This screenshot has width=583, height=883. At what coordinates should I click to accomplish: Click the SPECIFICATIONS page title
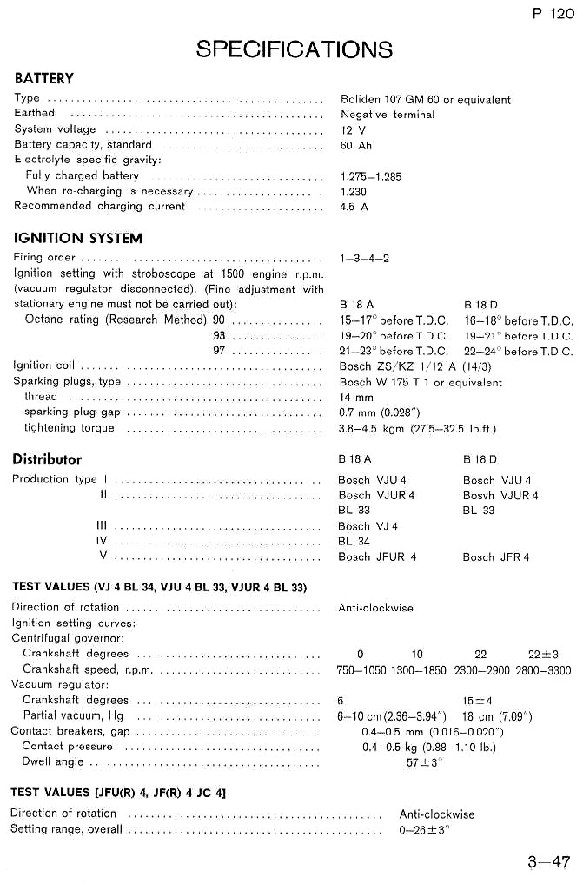point(294,49)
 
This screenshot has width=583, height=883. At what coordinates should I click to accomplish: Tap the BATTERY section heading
point(44,78)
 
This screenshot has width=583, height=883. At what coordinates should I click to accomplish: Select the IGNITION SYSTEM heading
point(77,238)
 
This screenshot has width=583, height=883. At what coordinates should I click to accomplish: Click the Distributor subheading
point(47,458)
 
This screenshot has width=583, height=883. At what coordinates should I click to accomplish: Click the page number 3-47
point(548,862)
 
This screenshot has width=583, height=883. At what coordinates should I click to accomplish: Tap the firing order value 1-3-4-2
point(364,258)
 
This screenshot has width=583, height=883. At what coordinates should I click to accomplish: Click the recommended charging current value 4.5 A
point(354,207)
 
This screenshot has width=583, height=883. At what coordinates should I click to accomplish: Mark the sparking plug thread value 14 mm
point(355,397)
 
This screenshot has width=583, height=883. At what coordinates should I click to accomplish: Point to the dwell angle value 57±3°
point(424,761)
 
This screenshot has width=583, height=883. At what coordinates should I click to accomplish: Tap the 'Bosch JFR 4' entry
point(495,557)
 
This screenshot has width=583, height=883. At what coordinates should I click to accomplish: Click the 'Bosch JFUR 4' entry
point(376,557)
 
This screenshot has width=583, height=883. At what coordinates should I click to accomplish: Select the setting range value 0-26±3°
point(424,830)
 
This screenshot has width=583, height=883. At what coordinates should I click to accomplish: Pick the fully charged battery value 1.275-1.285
point(371,176)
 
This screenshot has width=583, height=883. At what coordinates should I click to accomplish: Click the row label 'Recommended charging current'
point(99,207)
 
